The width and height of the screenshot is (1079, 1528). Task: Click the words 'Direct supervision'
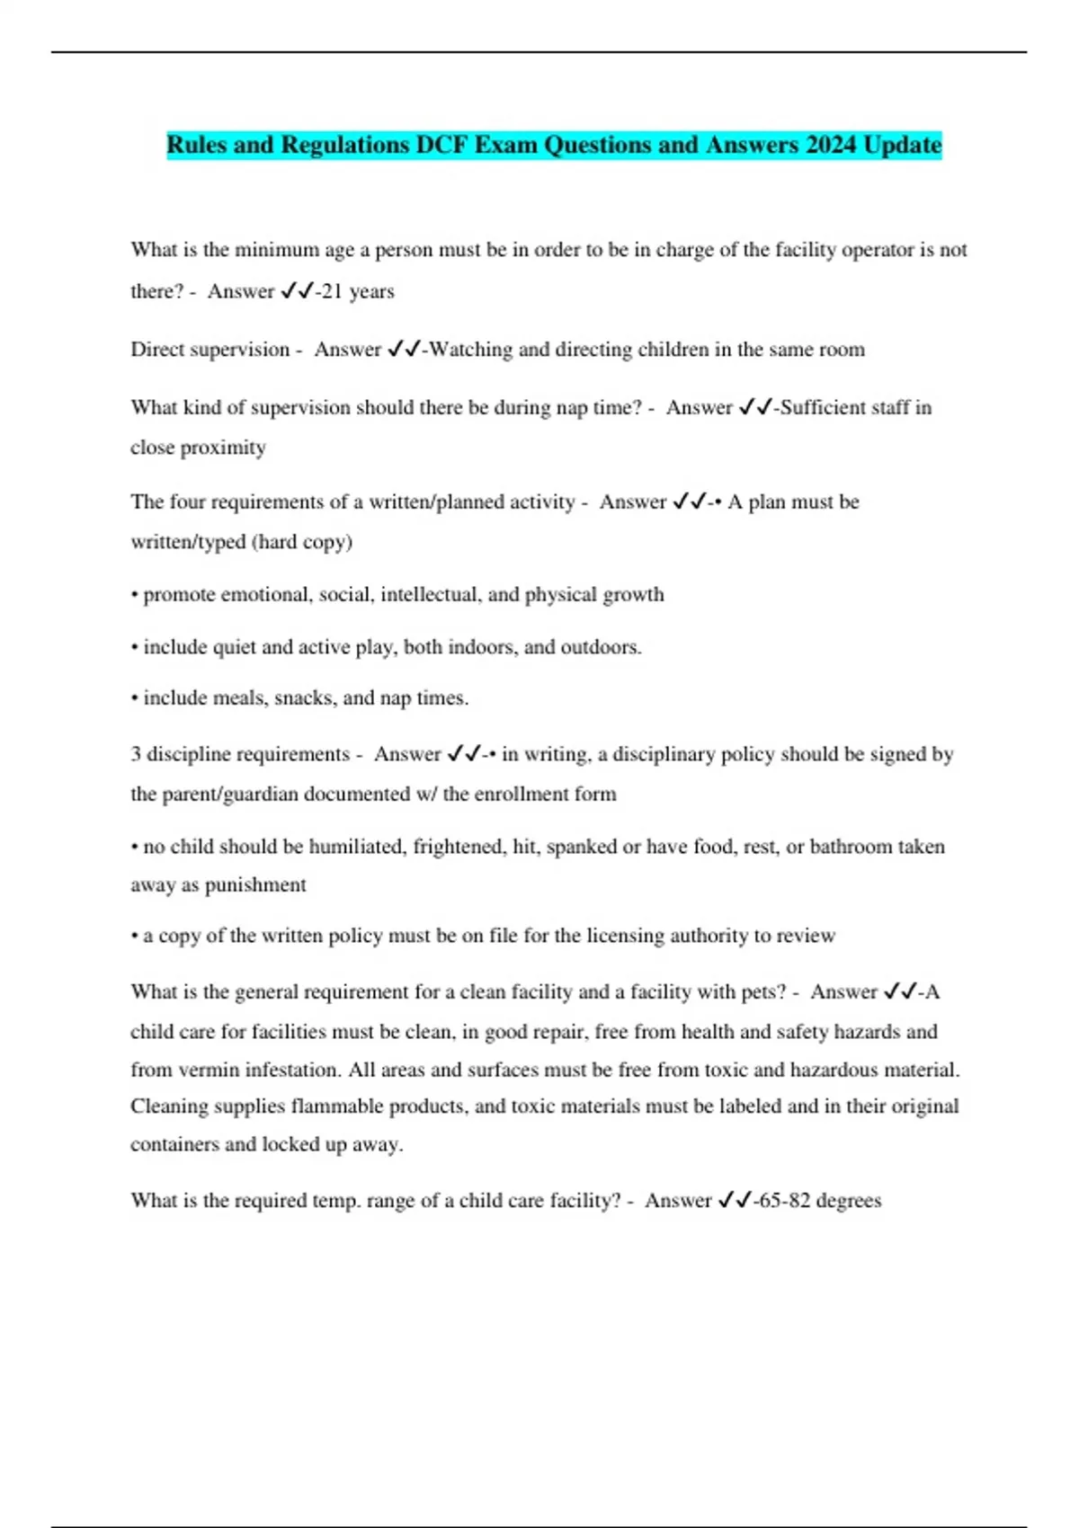[210, 350]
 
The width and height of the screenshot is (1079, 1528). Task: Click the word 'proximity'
[224, 448]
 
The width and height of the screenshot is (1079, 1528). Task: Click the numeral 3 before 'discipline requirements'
[136, 754]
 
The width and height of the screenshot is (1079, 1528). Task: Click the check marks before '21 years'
[297, 291]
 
